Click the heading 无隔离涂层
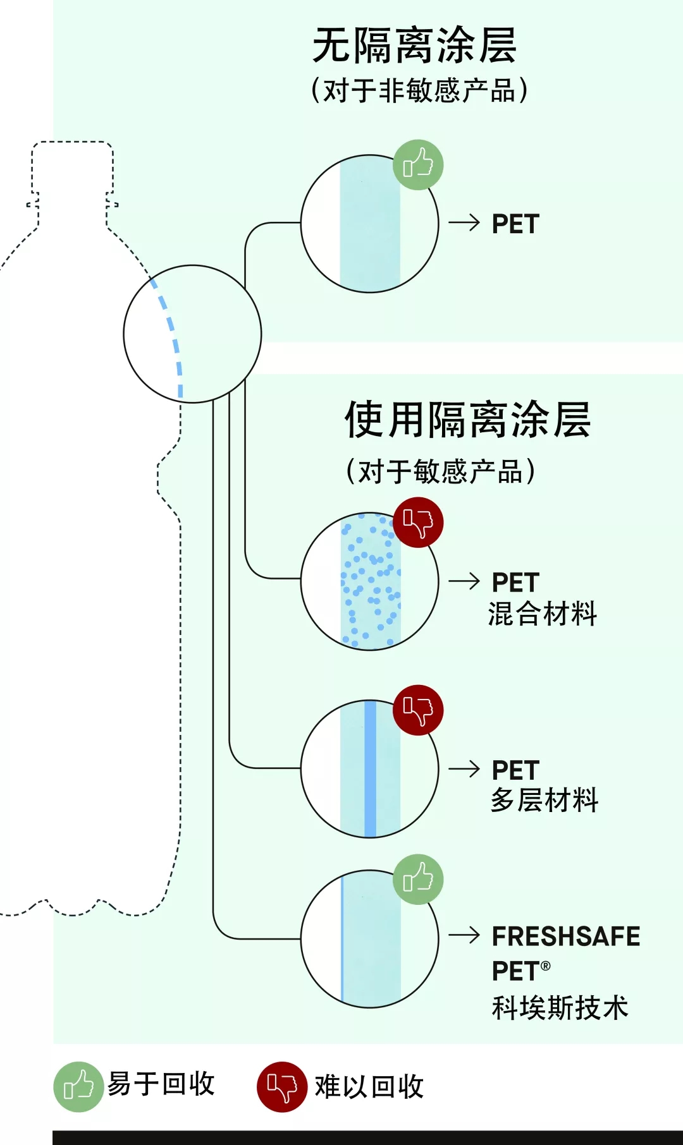pos(414,46)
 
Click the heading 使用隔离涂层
pos(467,420)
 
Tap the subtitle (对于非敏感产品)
pos(419,90)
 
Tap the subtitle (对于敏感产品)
pos(440,471)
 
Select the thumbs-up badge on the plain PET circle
pos(418,165)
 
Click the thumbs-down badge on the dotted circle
pos(418,523)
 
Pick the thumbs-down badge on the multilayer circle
pos(418,710)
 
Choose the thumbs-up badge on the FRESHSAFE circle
pos(418,879)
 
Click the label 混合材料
pos(543,614)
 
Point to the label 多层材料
pos(545,801)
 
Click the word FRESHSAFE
pos(566,936)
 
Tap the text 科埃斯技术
pos(560,1008)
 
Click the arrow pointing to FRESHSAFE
pos(464,935)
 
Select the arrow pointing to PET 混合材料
pos(464,581)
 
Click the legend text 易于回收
pos(161,1084)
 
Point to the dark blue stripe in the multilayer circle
pos(371,768)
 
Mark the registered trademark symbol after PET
pos(546,966)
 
